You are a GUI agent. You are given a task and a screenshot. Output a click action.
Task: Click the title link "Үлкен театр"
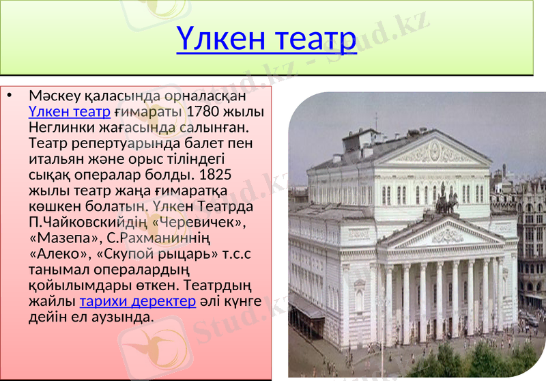pos(266,40)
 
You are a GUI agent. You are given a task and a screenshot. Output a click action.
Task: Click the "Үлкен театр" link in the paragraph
pos(70,111)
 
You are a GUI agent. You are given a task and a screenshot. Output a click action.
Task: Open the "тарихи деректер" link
pos(137,302)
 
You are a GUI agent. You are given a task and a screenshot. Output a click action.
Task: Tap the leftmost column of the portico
pos(389,300)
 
